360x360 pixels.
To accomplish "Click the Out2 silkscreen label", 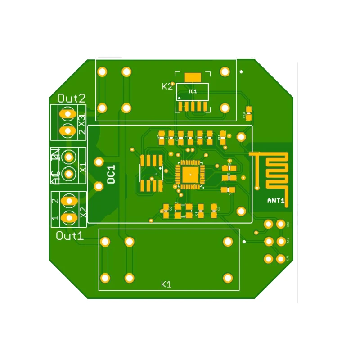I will tap(72, 98).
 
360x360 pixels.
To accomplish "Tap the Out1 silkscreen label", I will tap(70, 236).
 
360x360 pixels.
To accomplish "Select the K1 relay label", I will tap(166, 284).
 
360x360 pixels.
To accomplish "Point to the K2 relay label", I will tap(167, 86).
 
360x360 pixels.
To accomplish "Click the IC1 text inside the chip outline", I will tap(193, 91).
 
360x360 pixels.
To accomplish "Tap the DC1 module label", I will tap(111, 174).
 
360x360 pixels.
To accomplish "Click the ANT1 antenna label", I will tap(276, 201).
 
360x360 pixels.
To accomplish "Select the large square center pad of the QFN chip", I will tap(190, 174).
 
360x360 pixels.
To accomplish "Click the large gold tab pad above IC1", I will tap(193, 77).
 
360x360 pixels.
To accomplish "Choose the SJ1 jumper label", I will tap(288, 258).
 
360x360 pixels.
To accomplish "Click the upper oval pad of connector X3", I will tap(68, 114).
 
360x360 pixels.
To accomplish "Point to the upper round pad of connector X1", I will tap(69, 157).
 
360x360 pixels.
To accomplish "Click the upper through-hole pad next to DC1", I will tap(98, 162).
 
